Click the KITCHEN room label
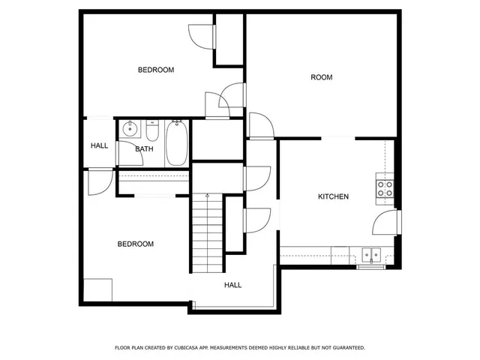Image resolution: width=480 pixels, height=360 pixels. click(x=333, y=196)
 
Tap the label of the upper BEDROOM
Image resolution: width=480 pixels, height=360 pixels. click(x=156, y=70)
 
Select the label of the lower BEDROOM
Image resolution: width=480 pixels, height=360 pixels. click(x=136, y=244)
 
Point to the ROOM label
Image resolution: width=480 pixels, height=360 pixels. click(x=322, y=77)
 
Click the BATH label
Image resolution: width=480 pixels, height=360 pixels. click(x=144, y=148)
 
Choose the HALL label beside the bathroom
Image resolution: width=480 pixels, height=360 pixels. click(x=99, y=145)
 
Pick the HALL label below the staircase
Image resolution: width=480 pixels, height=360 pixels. click(x=232, y=285)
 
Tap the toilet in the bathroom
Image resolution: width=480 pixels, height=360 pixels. click(x=152, y=132)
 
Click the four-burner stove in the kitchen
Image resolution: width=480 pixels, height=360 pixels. click(x=385, y=188)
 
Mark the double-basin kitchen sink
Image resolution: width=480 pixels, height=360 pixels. click(x=370, y=253)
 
